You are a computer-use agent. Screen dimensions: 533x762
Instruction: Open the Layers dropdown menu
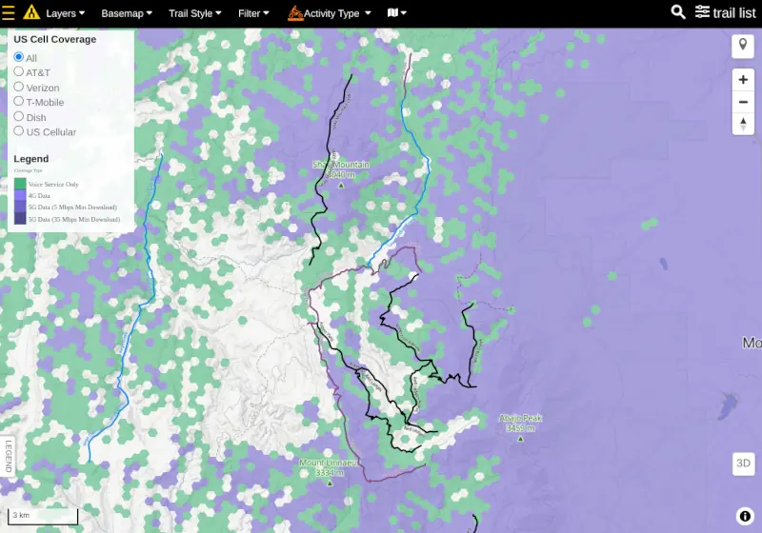(x=65, y=13)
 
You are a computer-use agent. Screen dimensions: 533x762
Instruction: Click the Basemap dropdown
(x=127, y=13)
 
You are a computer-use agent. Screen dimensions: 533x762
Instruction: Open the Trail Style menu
(x=194, y=13)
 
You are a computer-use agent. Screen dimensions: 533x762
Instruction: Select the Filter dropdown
(x=253, y=13)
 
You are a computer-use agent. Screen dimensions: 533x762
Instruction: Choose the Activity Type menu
(x=330, y=13)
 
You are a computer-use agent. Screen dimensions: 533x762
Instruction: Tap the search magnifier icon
(x=678, y=12)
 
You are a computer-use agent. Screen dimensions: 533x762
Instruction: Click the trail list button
(x=726, y=12)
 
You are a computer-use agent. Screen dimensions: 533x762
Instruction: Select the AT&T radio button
(x=19, y=72)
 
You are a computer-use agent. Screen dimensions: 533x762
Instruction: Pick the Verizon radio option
(x=19, y=88)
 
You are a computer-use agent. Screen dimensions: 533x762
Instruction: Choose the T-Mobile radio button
(x=19, y=102)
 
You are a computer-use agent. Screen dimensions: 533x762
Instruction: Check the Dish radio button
(x=19, y=117)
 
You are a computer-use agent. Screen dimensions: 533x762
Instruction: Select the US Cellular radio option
(x=19, y=131)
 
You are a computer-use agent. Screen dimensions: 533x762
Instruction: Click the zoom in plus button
(x=743, y=81)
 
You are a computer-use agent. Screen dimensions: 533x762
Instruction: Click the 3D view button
(x=744, y=464)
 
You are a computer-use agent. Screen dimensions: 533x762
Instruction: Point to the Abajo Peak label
(x=520, y=418)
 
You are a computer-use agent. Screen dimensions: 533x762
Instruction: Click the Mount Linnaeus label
(x=330, y=464)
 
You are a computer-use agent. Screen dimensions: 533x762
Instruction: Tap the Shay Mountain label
(x=340, y=165)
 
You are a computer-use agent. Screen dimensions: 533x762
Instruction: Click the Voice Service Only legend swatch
(x=20, y=184)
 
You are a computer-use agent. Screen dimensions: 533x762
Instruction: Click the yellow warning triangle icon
(x=31, y=13)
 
